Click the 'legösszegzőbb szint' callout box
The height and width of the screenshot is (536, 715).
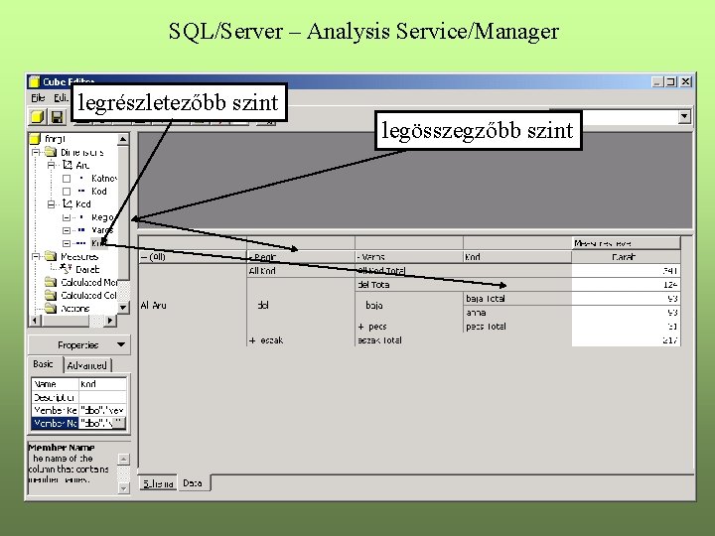pyautogui.click(x=478, y=130)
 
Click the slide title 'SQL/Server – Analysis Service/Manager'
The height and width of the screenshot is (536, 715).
pyautogui.click(x=363, y=32)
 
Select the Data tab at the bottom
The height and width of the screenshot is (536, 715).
pyautogui.click(x=193, y=483)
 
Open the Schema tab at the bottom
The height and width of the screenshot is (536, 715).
pyautogui.click(x=158, y=483)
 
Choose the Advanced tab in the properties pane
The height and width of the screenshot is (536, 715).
pyautogui.click(x=86, y=365)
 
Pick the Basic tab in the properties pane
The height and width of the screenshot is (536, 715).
pyautogui.click(x=44, y=364)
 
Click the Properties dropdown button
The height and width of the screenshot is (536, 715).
pyautogui.click(x=78, y=344)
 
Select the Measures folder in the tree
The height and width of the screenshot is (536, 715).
pyautogui.click(x=78, y=256)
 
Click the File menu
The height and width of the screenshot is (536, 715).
pyautogui.click(x=38, y=97)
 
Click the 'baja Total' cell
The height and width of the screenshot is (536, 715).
pyautogui.click(x=486, y=298)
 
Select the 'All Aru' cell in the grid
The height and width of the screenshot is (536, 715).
pyautogui.click(x=154, y=305)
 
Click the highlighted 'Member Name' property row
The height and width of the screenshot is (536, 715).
pyautogui.click(x=78, y=422)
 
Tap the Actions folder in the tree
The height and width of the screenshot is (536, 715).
pyautogui.click(x=74, y=309)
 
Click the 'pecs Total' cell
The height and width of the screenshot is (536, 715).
pyautogui.click(x=486, y=327)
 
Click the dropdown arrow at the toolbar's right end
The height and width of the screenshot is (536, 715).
pyautogui.click(x=683, y=116)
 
